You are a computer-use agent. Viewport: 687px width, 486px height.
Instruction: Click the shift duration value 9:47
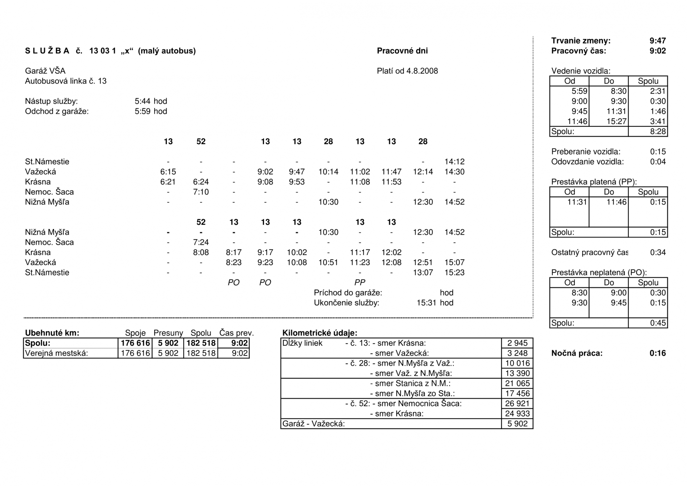coord(657,41)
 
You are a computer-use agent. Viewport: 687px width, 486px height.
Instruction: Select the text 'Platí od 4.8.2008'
coord(407,71)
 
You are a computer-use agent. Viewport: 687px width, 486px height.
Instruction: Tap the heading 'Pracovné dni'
coord(402,51)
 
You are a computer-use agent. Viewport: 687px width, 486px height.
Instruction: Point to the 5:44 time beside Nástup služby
coord(142,101)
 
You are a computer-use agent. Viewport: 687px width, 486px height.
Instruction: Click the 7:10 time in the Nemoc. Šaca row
coord(201,192)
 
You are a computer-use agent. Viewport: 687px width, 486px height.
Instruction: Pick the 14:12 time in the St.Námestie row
coord(454,162)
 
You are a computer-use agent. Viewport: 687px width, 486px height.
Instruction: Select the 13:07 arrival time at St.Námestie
coord(423,273)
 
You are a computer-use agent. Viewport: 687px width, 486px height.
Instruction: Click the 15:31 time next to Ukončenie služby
coord(426,303)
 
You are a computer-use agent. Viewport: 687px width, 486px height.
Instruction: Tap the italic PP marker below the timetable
coord(360,283)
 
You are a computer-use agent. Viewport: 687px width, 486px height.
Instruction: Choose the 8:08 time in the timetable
coord(201,252)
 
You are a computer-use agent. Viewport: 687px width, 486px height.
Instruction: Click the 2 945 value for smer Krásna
coord(517,343)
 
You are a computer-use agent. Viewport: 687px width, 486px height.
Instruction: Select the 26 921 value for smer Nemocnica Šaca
coord(517,404)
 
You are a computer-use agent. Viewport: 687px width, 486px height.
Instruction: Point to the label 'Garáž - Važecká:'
coord(313,424)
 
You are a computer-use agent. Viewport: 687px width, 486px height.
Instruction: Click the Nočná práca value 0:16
coord(657,353)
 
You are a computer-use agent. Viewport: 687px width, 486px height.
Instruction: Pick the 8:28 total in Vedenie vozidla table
coord(658,132)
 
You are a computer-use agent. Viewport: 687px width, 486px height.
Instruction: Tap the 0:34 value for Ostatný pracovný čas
coord(658,252)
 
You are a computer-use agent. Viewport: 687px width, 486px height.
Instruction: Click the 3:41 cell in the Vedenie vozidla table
coord(658,122)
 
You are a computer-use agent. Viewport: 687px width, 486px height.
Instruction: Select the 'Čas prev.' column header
coord(236,333)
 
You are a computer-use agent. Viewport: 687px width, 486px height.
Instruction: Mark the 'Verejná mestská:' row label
coord(56,353)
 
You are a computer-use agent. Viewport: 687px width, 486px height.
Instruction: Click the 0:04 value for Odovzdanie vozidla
coord(658,162)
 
